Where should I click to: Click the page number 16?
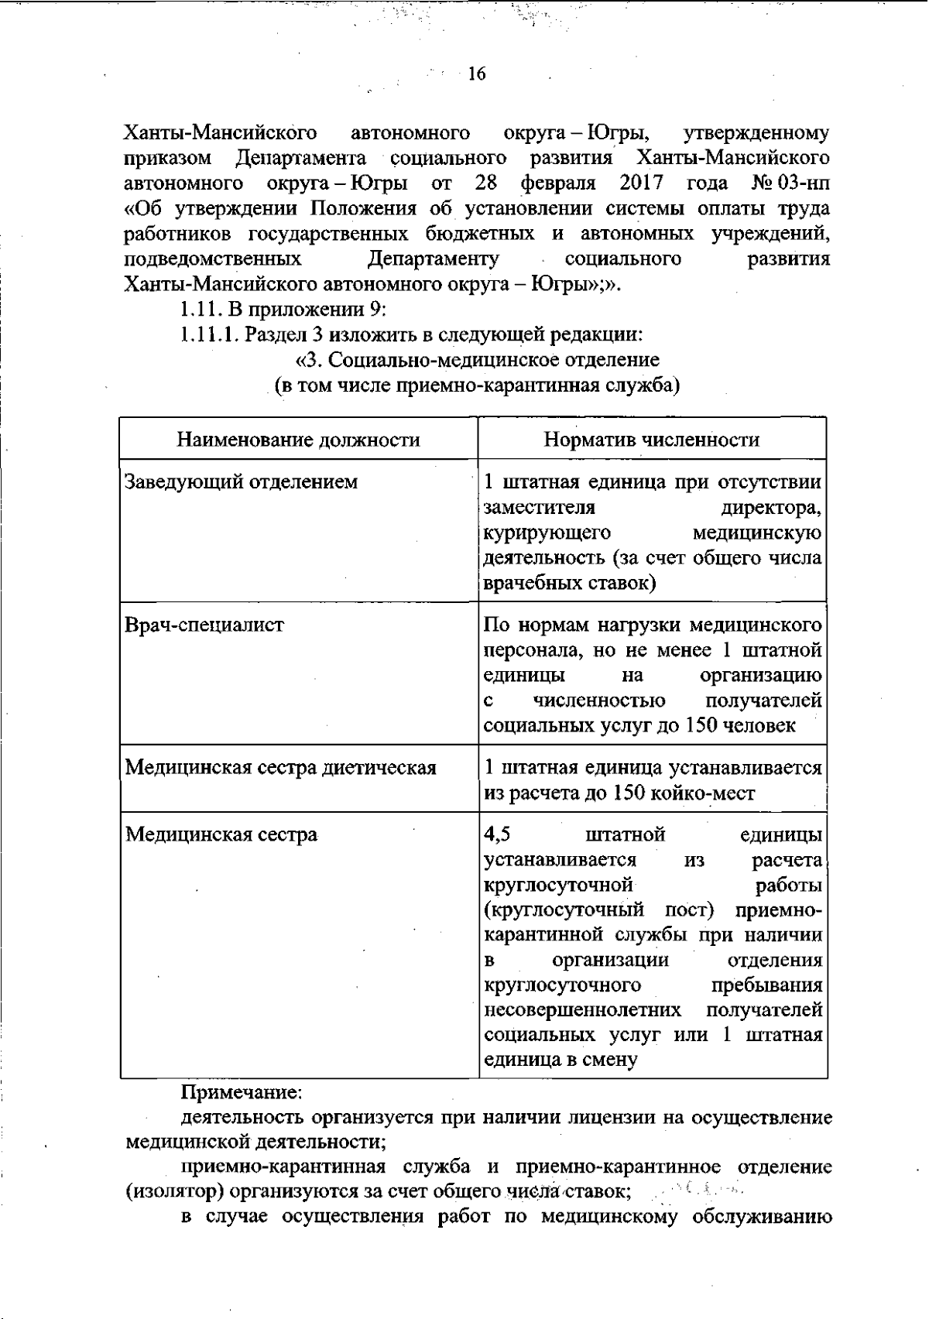click(476, 74)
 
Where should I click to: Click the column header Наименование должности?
click(298, 440)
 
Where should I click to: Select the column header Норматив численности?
click(651, 440)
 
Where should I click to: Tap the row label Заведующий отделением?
click(241, 482)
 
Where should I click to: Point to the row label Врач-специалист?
click(204, 625)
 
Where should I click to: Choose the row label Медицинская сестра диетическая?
click(280, 768)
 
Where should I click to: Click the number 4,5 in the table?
click(497, 835)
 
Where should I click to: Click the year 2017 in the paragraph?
click(642, 183)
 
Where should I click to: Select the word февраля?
click(558, 183)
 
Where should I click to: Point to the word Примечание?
click(241, 1093)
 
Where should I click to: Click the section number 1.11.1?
click(209, 335)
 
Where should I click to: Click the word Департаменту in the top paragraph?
click(433, 259)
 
